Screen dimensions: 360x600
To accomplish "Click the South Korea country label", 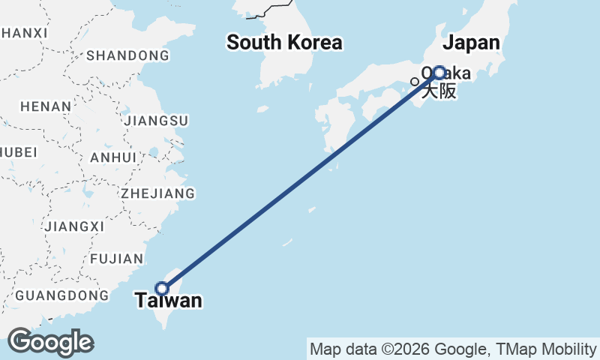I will [x=284, y=43].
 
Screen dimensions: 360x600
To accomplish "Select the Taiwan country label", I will [x=169, y=301].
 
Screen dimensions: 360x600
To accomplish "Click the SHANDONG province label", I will [x=127, y=55].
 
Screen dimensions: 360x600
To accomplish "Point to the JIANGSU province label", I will [x=157, y=120].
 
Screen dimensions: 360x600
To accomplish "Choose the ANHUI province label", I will [x=112, y=157].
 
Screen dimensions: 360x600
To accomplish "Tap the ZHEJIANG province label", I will [x=157, y=193].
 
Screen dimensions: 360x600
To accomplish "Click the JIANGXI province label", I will [x=74, y=226].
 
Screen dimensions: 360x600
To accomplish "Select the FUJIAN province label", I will [x=116, y=259].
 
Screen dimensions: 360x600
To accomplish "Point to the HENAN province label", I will [x=46, y=106].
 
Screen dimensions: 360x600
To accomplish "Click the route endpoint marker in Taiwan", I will [x=161, y=288].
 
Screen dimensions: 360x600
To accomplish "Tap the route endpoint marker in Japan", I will [x=439, y=73].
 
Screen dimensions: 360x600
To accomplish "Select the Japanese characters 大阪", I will [x=438, y=91].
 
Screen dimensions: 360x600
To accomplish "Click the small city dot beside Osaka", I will [x=414, y=82].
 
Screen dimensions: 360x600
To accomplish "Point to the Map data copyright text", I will [x=452, y=349].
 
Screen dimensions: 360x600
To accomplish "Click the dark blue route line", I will [x=300, y=181].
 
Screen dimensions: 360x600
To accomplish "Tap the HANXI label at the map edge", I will [x=24, y=33].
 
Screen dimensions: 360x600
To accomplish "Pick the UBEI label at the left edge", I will [x=19, y=152].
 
